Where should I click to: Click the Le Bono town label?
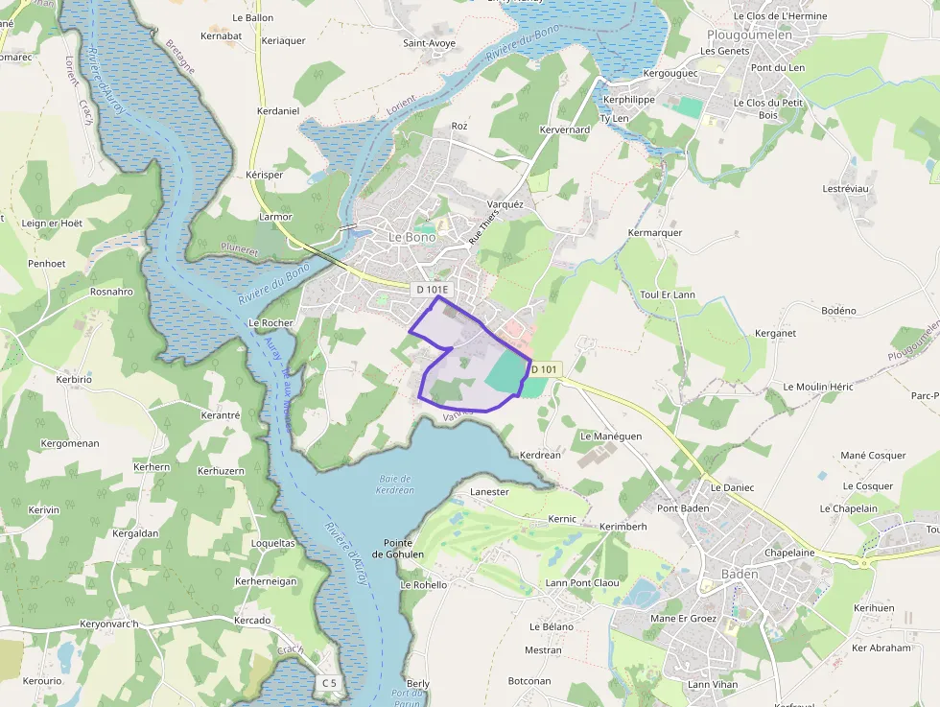click(411, 237)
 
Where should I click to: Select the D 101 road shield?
click(544, 369)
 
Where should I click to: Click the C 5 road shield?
click(329, 682)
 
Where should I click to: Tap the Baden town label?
click(739, 574)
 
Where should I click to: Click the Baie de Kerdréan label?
click(395, 484)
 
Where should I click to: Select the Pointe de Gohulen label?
click(397, 549)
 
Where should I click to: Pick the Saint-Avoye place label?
click(428, 43)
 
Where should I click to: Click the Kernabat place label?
click(222, 35)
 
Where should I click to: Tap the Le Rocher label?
click(270, 323)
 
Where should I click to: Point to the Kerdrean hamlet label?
click(539, 455)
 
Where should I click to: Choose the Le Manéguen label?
click(611, 436)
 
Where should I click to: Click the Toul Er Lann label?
click(668, 295)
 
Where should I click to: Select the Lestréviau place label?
click(845, 189)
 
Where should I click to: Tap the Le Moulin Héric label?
click(818, 387)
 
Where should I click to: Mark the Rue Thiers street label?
click(484, 227)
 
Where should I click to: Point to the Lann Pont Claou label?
click(582, 582)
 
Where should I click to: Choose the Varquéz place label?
click(505, 204)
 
